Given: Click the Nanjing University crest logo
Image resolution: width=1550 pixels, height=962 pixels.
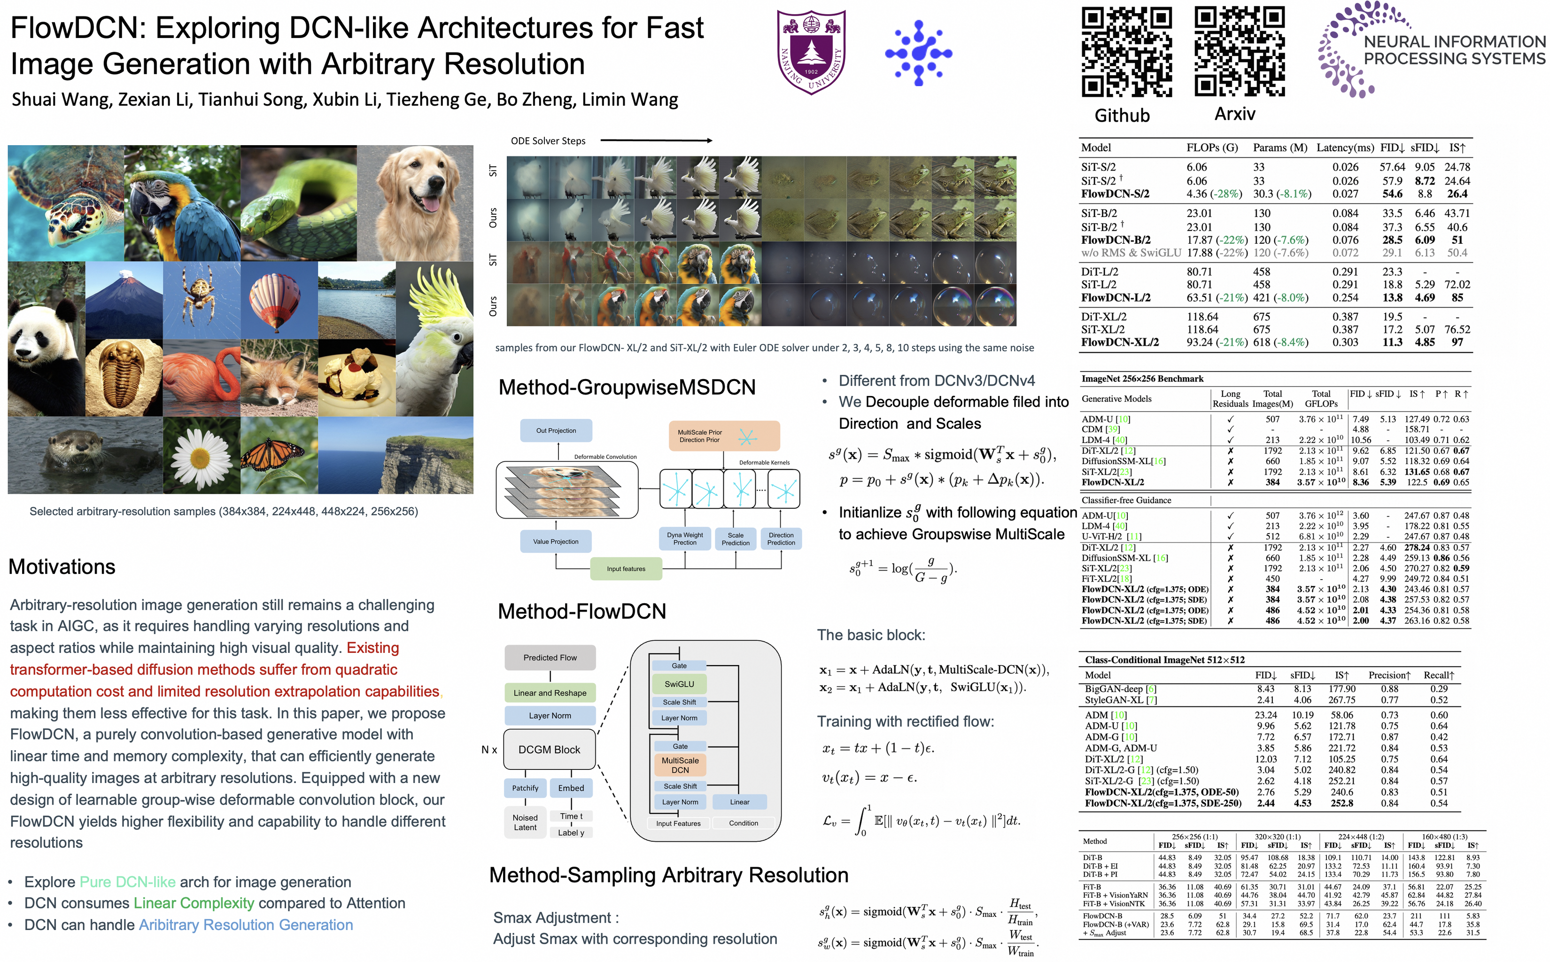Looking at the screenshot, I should click(x=811, y=52).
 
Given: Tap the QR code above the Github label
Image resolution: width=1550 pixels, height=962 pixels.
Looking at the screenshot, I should click(x=1126, y=52).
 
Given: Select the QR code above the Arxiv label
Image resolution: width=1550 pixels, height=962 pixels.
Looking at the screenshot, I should click(x=1239, y=51).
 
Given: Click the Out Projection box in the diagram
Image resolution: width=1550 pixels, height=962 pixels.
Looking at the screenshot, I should click(x=556, y=431).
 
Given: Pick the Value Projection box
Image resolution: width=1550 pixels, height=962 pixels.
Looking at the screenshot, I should click(x=556, y=542).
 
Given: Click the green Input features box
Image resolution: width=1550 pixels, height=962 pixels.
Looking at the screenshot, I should click(x=626, y=569).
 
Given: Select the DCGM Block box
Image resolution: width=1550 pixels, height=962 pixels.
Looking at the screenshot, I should click(x=550, y=750).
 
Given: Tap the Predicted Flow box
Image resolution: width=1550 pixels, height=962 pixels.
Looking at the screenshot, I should click(x=550, y=657).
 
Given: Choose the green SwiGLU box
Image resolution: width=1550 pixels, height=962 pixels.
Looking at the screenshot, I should click(x=679, y=684).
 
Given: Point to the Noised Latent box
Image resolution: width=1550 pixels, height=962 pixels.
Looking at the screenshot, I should click(x=526, y=822).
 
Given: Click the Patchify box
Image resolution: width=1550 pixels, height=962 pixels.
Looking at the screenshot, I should click(x=526, y=788).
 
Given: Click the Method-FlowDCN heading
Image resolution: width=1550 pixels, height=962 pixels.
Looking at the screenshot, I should click(x=582, y=611).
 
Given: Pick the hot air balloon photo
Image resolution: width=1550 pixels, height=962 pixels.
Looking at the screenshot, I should click(x=279, y=300).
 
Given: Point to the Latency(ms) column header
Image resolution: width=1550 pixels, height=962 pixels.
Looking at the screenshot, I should click(x=1345, y=147).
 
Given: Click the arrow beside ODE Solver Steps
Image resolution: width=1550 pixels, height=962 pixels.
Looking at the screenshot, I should click(x=656, y=140).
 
